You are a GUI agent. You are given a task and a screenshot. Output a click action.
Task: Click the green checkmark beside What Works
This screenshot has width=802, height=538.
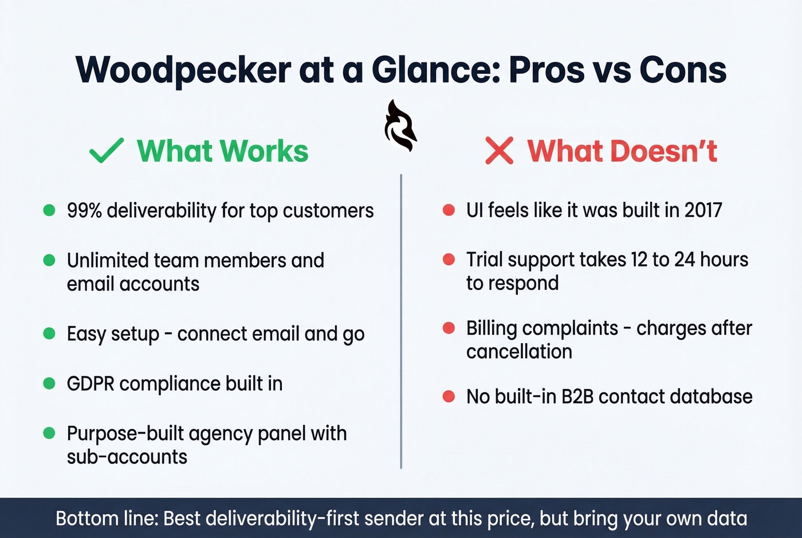pos(107,151)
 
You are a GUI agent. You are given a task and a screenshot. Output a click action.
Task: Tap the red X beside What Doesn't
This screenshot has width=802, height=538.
pos(499,151)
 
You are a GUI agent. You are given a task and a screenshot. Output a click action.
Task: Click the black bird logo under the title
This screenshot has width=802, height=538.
pos(400,126)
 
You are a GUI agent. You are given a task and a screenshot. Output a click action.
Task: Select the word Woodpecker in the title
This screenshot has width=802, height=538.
pos(183,70)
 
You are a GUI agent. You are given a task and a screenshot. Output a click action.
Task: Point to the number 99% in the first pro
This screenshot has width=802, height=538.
pos(84,211)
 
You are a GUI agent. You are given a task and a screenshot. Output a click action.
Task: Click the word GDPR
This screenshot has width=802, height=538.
pos(91,384)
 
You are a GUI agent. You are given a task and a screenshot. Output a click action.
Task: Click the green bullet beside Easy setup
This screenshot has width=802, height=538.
pos(49,333)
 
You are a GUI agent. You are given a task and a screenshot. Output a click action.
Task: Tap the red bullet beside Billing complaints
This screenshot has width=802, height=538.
pos(449,328)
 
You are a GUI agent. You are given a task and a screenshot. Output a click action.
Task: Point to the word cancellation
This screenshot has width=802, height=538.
pos(519,352)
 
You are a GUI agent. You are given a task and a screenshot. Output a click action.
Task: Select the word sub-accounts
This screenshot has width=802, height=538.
pos(127,457)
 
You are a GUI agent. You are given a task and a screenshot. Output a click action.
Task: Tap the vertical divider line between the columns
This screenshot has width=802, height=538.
pos(401,321)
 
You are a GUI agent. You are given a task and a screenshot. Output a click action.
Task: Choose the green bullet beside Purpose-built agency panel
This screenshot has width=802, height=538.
pos(49,433)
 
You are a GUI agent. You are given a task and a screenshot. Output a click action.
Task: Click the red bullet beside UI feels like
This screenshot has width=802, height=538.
pos(449,210)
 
